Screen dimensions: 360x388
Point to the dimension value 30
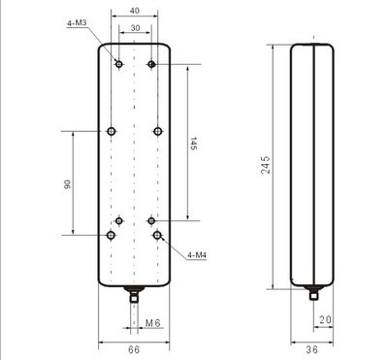pos(135,28)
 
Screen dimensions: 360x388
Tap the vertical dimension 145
pos(194,145)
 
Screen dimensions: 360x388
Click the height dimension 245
pos(264,163)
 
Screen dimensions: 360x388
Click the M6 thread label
pos(153,321)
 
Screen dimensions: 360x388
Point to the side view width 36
pos(312,349)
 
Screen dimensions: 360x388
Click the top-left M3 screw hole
pos(118,64)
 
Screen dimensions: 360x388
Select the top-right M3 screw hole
pos(151,64)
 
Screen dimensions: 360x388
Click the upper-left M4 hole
pos(113,130)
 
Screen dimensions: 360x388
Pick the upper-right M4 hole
pos(157,130)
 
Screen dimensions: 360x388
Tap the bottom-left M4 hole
pos(113,235)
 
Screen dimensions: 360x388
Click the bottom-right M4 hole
pos(157,235)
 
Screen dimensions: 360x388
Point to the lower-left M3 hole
pos(118,220)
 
